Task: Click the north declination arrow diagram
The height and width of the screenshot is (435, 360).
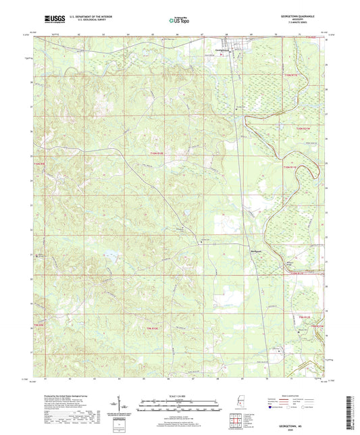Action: [x=127, y=406]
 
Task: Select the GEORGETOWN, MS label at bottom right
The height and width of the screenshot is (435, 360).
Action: [x=293, y=426]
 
